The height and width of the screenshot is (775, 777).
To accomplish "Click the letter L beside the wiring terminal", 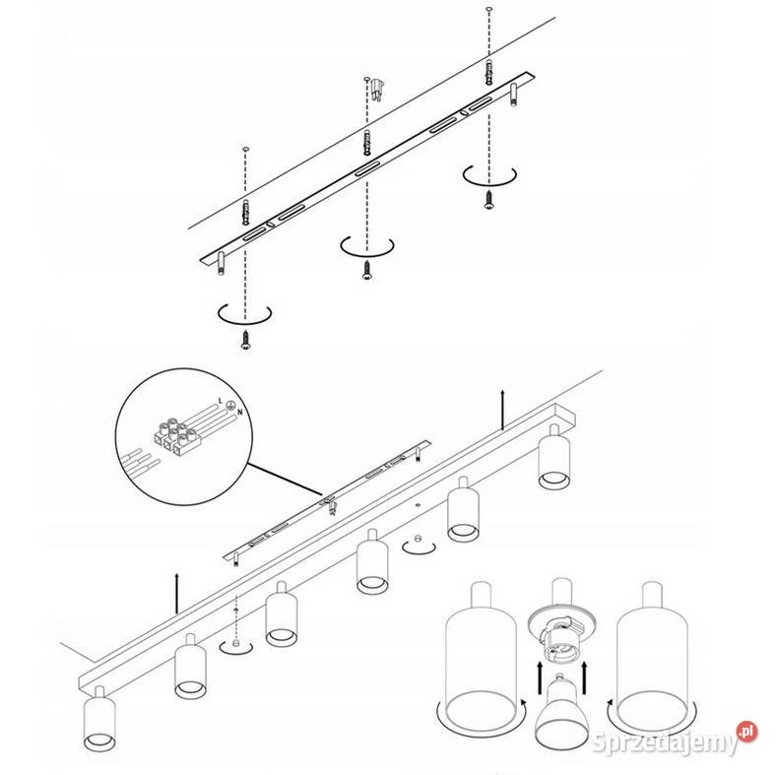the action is [220, 401].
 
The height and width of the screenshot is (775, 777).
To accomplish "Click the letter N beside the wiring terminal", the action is [240, 412].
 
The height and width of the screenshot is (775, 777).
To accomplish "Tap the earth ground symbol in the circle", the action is [229, 405].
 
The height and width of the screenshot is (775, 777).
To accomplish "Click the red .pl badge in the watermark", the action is [746, 731].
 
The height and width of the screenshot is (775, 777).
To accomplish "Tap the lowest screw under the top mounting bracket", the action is [245, 340].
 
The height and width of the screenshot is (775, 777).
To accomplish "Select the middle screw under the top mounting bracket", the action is [367, 271].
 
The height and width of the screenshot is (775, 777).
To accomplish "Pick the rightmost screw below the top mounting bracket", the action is [488, 200].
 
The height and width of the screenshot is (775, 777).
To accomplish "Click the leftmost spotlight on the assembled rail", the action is [99, 718].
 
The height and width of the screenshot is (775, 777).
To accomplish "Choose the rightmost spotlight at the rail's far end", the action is [554, 456].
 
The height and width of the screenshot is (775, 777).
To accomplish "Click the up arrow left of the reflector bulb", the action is [539, 678].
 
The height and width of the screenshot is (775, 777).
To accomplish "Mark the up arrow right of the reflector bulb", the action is [584, 678].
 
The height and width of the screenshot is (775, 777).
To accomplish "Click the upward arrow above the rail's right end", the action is [502, 410].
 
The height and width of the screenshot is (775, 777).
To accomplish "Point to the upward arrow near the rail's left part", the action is [177, 594].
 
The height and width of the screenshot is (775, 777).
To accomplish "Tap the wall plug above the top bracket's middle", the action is [377, 90].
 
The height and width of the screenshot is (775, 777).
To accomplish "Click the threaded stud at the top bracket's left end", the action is [221, 263].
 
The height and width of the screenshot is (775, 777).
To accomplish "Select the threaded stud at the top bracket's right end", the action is [514, 95].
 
